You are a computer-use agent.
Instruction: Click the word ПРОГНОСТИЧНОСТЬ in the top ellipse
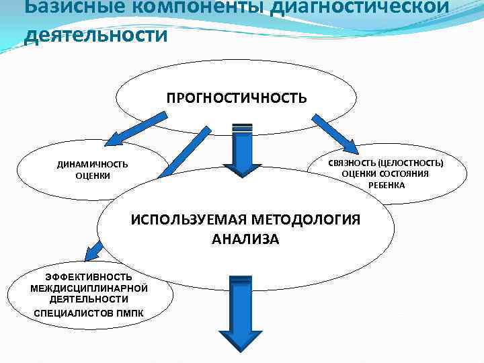coord(237,98)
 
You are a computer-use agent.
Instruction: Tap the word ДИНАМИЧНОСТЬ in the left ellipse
coord(92,165)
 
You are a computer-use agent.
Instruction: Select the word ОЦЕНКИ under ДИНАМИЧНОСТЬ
coord(93,176)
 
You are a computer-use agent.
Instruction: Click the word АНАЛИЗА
coord(245,239)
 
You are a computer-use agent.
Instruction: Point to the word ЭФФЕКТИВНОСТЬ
coord(79,277)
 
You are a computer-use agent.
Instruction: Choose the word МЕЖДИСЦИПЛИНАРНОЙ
coord(79,288)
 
